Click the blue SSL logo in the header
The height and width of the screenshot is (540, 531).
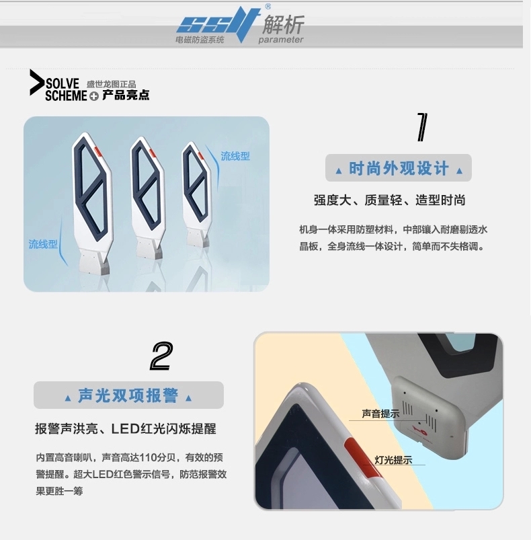pyautogui.click(x=218, y=24)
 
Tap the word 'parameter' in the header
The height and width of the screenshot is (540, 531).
pyautogui.click(x=281, y=40)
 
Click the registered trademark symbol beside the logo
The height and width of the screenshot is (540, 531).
pyautogui.click(x=268, y=6)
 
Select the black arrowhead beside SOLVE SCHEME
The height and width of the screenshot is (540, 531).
pyautogui.click(x=37, y=82)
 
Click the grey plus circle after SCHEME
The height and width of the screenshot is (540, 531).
pyautogui.click(x=94, y=96)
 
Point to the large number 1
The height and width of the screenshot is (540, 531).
pyautogui.click(x=422, y=127)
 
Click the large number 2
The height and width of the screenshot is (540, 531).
pyautogui.click(x=162, y=356)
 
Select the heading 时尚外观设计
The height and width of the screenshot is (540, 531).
pyautogui.click(x=399, y=168)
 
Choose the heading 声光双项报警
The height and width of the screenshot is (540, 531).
pyautogui.click(x=128, y=395)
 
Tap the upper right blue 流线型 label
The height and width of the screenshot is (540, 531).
pyautogui.click(x=235, y=156)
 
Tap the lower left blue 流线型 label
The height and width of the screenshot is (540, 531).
pyautogui.click(x=43, y=244)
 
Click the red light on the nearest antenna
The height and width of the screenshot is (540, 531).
pyautogui.click(x=98, y=151)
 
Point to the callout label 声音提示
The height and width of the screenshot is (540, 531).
pyautogui.click(x=380, y=414)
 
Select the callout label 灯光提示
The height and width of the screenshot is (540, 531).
pyautogui.click(x=393, y=460)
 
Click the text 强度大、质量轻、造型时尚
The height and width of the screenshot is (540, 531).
pyautogui.click(x=390, y=200)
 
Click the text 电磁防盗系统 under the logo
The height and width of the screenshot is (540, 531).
pyautogui.click(x=200, y=40)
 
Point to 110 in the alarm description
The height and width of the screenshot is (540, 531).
pyautogui.click(x=149, y=458)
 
